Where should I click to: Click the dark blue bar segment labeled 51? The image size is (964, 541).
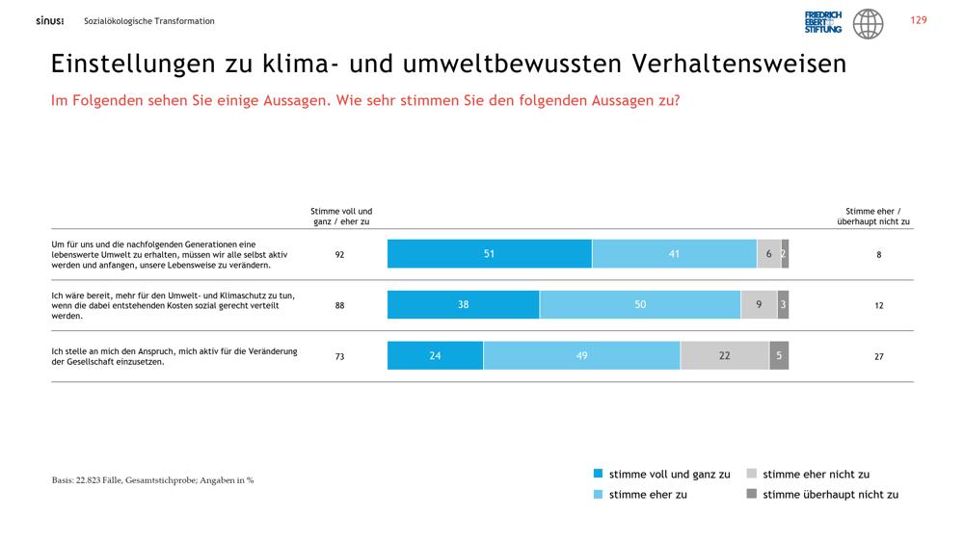(x=490, y=253)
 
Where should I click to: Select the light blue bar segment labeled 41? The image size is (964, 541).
(x=675, y=253)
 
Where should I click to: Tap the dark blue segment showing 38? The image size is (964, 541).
(x=463, y=304)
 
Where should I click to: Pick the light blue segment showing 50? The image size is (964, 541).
(x=640, y=304)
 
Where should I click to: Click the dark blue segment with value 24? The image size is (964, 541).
(x=436, y=355)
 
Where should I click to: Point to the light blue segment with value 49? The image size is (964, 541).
(x=581, y=355)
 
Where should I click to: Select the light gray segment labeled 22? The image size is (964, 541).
(x=725, y=355)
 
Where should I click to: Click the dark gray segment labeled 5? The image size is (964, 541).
(x=779, y=355)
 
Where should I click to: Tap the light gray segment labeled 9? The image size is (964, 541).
(x=760, y=304)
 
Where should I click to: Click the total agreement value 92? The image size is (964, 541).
(x=339, y=255)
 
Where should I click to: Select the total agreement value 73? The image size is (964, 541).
(x=339, y=357)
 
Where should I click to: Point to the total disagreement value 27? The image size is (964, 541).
(x=878, y=357)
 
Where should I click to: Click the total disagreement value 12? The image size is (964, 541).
(x=878, y=306)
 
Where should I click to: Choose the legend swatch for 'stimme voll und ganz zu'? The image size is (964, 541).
(x=599, y=474)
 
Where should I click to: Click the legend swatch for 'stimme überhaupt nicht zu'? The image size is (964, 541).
(x=751, y=494)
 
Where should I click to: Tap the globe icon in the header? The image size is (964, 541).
(x=869, y=24)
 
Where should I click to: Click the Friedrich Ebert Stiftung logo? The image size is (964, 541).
(x=823, y=22)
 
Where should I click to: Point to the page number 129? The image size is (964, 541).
(x=919, y=20)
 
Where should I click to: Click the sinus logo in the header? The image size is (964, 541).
(x=50, y=21)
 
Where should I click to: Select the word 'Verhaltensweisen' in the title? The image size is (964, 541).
(x=739, y=64)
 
